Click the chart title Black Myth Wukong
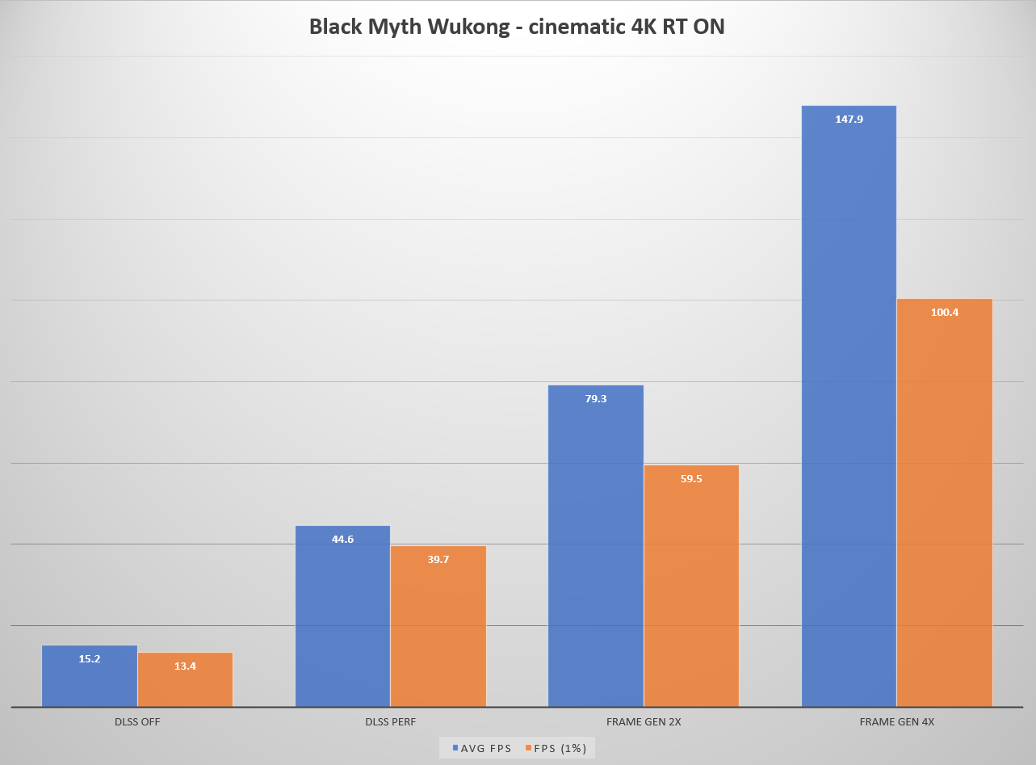click(517, 27)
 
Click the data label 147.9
click(849, 120)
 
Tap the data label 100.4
click(945, 313)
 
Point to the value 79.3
click(596, 399)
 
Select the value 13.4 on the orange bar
click(185, 666)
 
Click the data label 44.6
click(342, 540)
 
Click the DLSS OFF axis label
click(137, 722)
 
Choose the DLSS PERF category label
click(390, 722)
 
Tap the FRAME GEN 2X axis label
click(644, 722)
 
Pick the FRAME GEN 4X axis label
click(897, 722)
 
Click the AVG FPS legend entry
click(481, 748)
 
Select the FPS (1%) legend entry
click(557, 748)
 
